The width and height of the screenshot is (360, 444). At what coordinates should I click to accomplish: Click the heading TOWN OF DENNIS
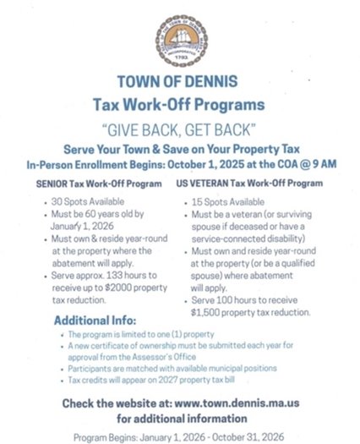click(x=179, y=87)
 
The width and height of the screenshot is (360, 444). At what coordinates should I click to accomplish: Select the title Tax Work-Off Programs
click(x=179, y=106)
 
